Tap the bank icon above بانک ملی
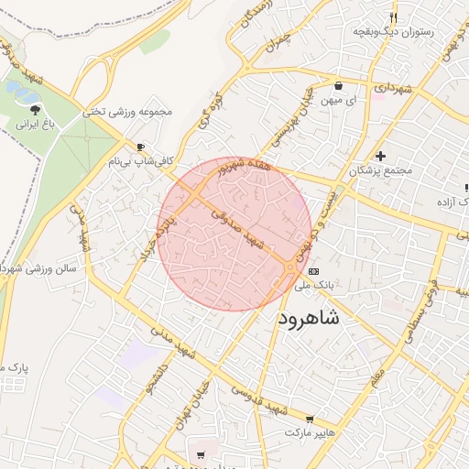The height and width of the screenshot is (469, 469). point(314,271)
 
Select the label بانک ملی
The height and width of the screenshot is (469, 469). point(315,285)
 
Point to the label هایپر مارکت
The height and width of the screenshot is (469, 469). point(311,431)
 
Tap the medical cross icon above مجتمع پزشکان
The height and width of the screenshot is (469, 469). point(380,156)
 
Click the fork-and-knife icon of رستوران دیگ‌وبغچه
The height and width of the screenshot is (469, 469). point(394,17)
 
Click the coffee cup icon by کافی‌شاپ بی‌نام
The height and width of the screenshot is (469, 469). point(140,147)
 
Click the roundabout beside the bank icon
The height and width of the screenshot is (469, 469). point(290,267)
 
